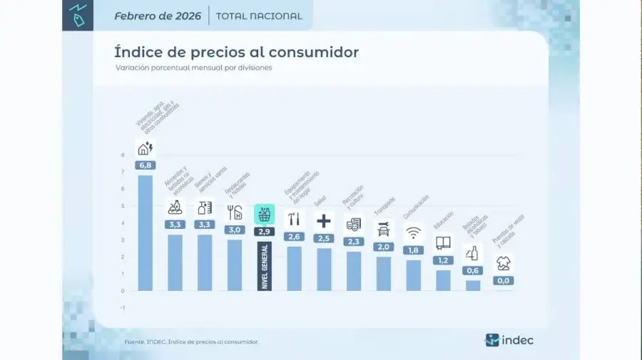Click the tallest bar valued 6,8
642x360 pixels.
(145, 232)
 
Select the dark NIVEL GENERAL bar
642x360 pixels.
(265, 265)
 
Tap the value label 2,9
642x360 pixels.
(265, 232)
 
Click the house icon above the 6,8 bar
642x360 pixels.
(145, 148)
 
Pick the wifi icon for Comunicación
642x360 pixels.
(413, 232)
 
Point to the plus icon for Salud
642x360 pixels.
(324, 220)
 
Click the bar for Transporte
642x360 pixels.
(384, 273)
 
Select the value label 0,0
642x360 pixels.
(504, 280)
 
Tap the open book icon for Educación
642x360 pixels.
(443, 242)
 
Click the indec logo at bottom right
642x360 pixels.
(509, 340)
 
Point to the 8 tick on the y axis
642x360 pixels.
(123, 155)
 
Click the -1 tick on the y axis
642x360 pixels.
(122, 308)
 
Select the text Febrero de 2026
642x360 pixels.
(157, 16)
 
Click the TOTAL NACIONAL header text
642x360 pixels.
(258, 16)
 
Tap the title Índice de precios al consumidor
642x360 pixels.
(236, 52)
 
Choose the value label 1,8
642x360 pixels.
(413, 250)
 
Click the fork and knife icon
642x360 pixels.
(235, 212)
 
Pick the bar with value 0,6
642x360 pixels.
(473, 285)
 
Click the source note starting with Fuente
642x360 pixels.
(191, 342)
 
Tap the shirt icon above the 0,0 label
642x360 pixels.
(504, 263)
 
